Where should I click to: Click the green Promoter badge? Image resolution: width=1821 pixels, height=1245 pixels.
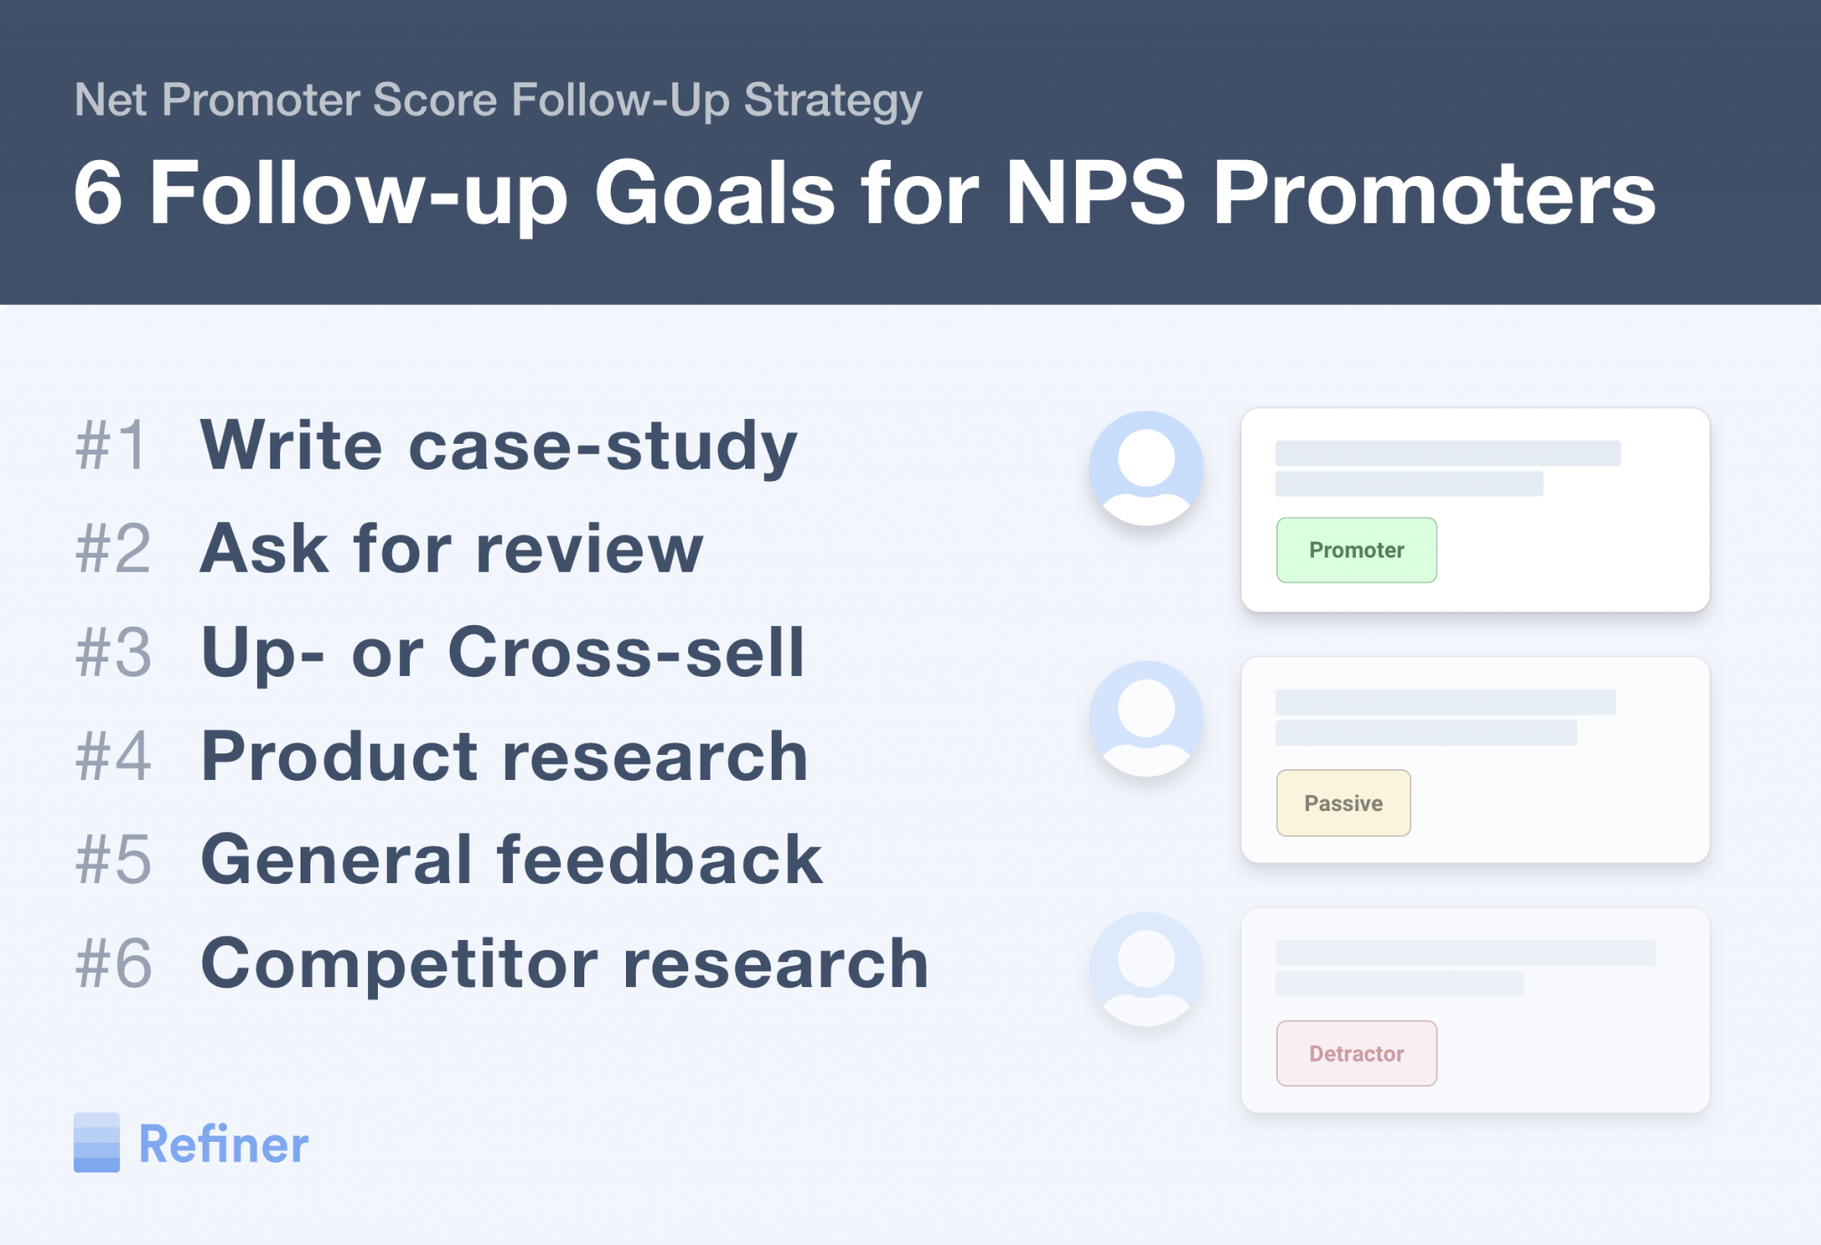1356,550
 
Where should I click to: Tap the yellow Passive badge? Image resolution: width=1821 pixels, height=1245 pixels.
1343,803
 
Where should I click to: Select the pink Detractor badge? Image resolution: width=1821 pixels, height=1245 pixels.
1356,1054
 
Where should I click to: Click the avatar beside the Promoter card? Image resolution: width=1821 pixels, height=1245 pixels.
1146,468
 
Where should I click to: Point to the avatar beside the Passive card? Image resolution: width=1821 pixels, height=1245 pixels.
1146,719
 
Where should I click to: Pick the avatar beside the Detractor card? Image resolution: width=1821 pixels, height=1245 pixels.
1146,969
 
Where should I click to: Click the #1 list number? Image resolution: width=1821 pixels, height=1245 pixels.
111,446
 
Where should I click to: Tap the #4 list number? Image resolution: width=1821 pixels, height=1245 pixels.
114,757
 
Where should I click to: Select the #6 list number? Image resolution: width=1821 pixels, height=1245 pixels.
114,963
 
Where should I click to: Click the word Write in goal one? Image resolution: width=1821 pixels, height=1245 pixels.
292,446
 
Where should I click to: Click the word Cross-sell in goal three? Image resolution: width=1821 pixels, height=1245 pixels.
626,653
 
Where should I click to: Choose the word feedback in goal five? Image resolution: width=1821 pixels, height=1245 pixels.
660,860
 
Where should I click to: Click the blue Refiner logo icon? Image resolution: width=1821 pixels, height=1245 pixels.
96,1143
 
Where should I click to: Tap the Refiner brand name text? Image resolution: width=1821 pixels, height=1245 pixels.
224,1145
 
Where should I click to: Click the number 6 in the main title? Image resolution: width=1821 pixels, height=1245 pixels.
98,193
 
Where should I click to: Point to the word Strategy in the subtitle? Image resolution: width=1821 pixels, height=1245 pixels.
833,100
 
